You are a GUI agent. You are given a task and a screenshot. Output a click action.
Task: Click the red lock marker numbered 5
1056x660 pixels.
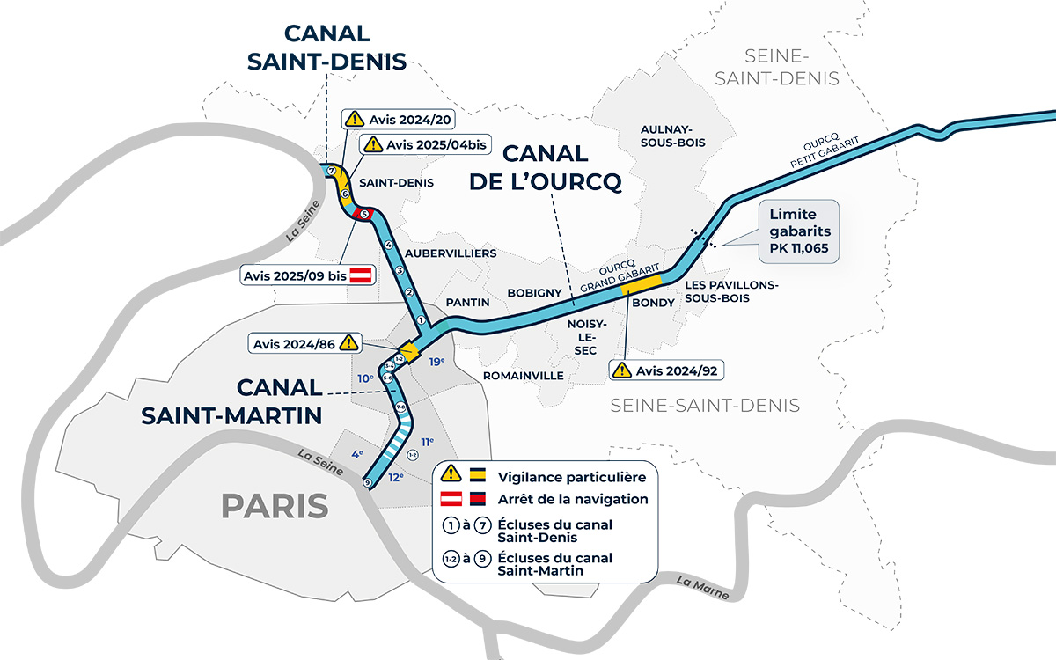tap(363, 214)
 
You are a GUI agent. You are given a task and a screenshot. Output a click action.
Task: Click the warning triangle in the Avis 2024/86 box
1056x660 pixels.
tap(349, 342)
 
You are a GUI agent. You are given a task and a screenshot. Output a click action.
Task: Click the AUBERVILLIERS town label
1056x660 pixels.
tap(451, 253)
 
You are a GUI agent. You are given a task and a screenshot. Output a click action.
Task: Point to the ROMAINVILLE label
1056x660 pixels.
tap(523, 376)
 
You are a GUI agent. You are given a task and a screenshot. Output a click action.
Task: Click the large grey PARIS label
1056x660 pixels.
tap(275, 506)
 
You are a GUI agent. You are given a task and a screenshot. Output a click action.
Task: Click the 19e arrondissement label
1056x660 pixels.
tap(436, 362)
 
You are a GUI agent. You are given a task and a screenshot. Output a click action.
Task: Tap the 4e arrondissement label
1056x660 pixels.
tap(358, 454)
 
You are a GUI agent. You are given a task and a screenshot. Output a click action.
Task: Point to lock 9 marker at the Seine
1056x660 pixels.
tap(367, 482)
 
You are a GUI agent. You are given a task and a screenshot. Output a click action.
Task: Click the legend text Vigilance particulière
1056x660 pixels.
tap(571, 477)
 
